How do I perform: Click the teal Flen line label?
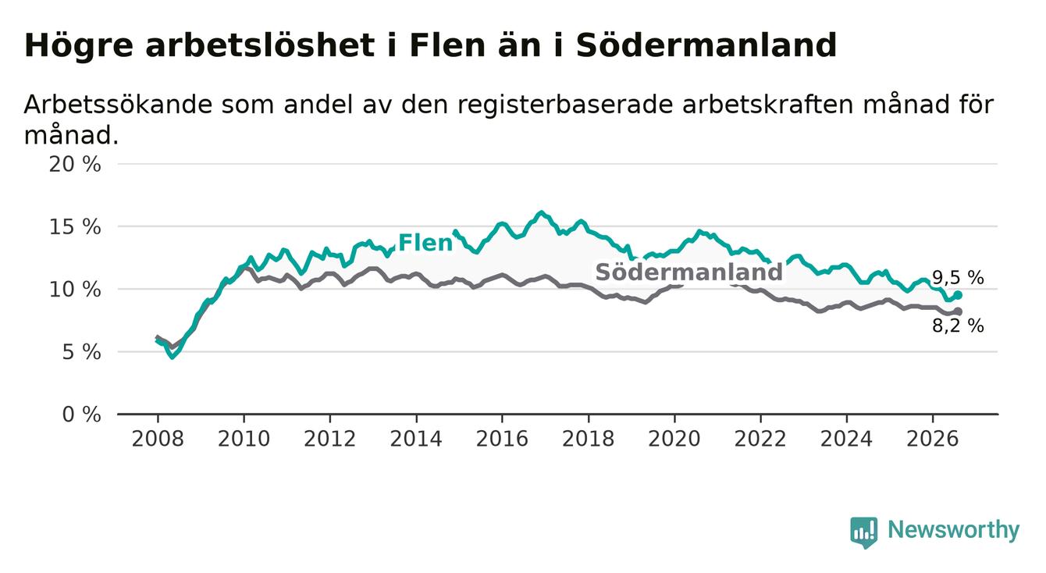pos(425,243)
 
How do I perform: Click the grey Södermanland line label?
pos(688,272)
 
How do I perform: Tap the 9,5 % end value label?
pos(958,279)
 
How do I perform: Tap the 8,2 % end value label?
pos(958,326)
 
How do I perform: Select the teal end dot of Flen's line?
pos(958,295)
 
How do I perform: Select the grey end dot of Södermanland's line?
pos(958,311)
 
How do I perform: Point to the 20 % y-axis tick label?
pos(75,165)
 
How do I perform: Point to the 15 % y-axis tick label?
pos(75,227)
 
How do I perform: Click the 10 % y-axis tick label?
pos(75,290)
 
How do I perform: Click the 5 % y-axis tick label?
pos(81,352)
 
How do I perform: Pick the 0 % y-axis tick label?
pos(81,415)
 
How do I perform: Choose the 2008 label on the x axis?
pos(158,439)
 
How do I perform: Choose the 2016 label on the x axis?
pos(502,439)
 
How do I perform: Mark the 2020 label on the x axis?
pos(674,439)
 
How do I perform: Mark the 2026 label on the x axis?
pos(933,439)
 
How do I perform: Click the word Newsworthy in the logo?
pos(954,530)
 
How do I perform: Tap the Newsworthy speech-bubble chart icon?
pos(864,532)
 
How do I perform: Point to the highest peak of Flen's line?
pos(541,213)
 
